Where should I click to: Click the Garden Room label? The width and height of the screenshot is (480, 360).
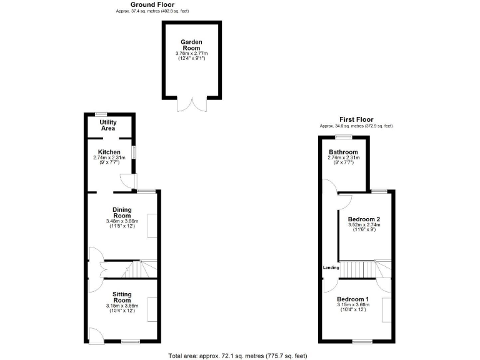click(x=191, y=44)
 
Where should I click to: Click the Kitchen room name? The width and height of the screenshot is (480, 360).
click(x=109, y=152)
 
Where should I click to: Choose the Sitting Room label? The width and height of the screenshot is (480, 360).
click(x=122, y=297)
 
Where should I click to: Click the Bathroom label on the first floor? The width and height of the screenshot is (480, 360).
click(x=343, y=152)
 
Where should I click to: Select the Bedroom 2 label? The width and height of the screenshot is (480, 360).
click(x=363, y=219)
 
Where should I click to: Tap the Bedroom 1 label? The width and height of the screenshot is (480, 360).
click(x=352, y=299)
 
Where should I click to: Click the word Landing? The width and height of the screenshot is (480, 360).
click(x=331, y=267)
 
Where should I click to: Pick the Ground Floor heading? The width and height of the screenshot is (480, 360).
click(x=152, y=4)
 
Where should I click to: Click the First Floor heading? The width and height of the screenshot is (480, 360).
click(x=356, y=119)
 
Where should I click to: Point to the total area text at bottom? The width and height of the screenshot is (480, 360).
click(x=237, y=356)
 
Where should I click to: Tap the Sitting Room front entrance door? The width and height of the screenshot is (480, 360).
click(x=95, y=335)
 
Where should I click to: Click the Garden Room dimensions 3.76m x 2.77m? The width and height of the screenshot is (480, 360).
click(x=191, y=54)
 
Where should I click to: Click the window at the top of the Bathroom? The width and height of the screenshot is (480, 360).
click(x=342, y=136)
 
